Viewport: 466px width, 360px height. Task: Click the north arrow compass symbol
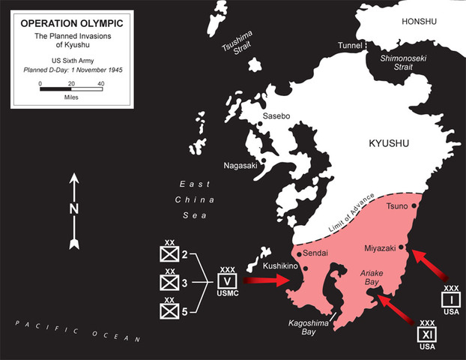pyautogui.click(x=73, y=211)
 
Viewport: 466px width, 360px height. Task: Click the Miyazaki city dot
pyautogui.click(x=403, y=246)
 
